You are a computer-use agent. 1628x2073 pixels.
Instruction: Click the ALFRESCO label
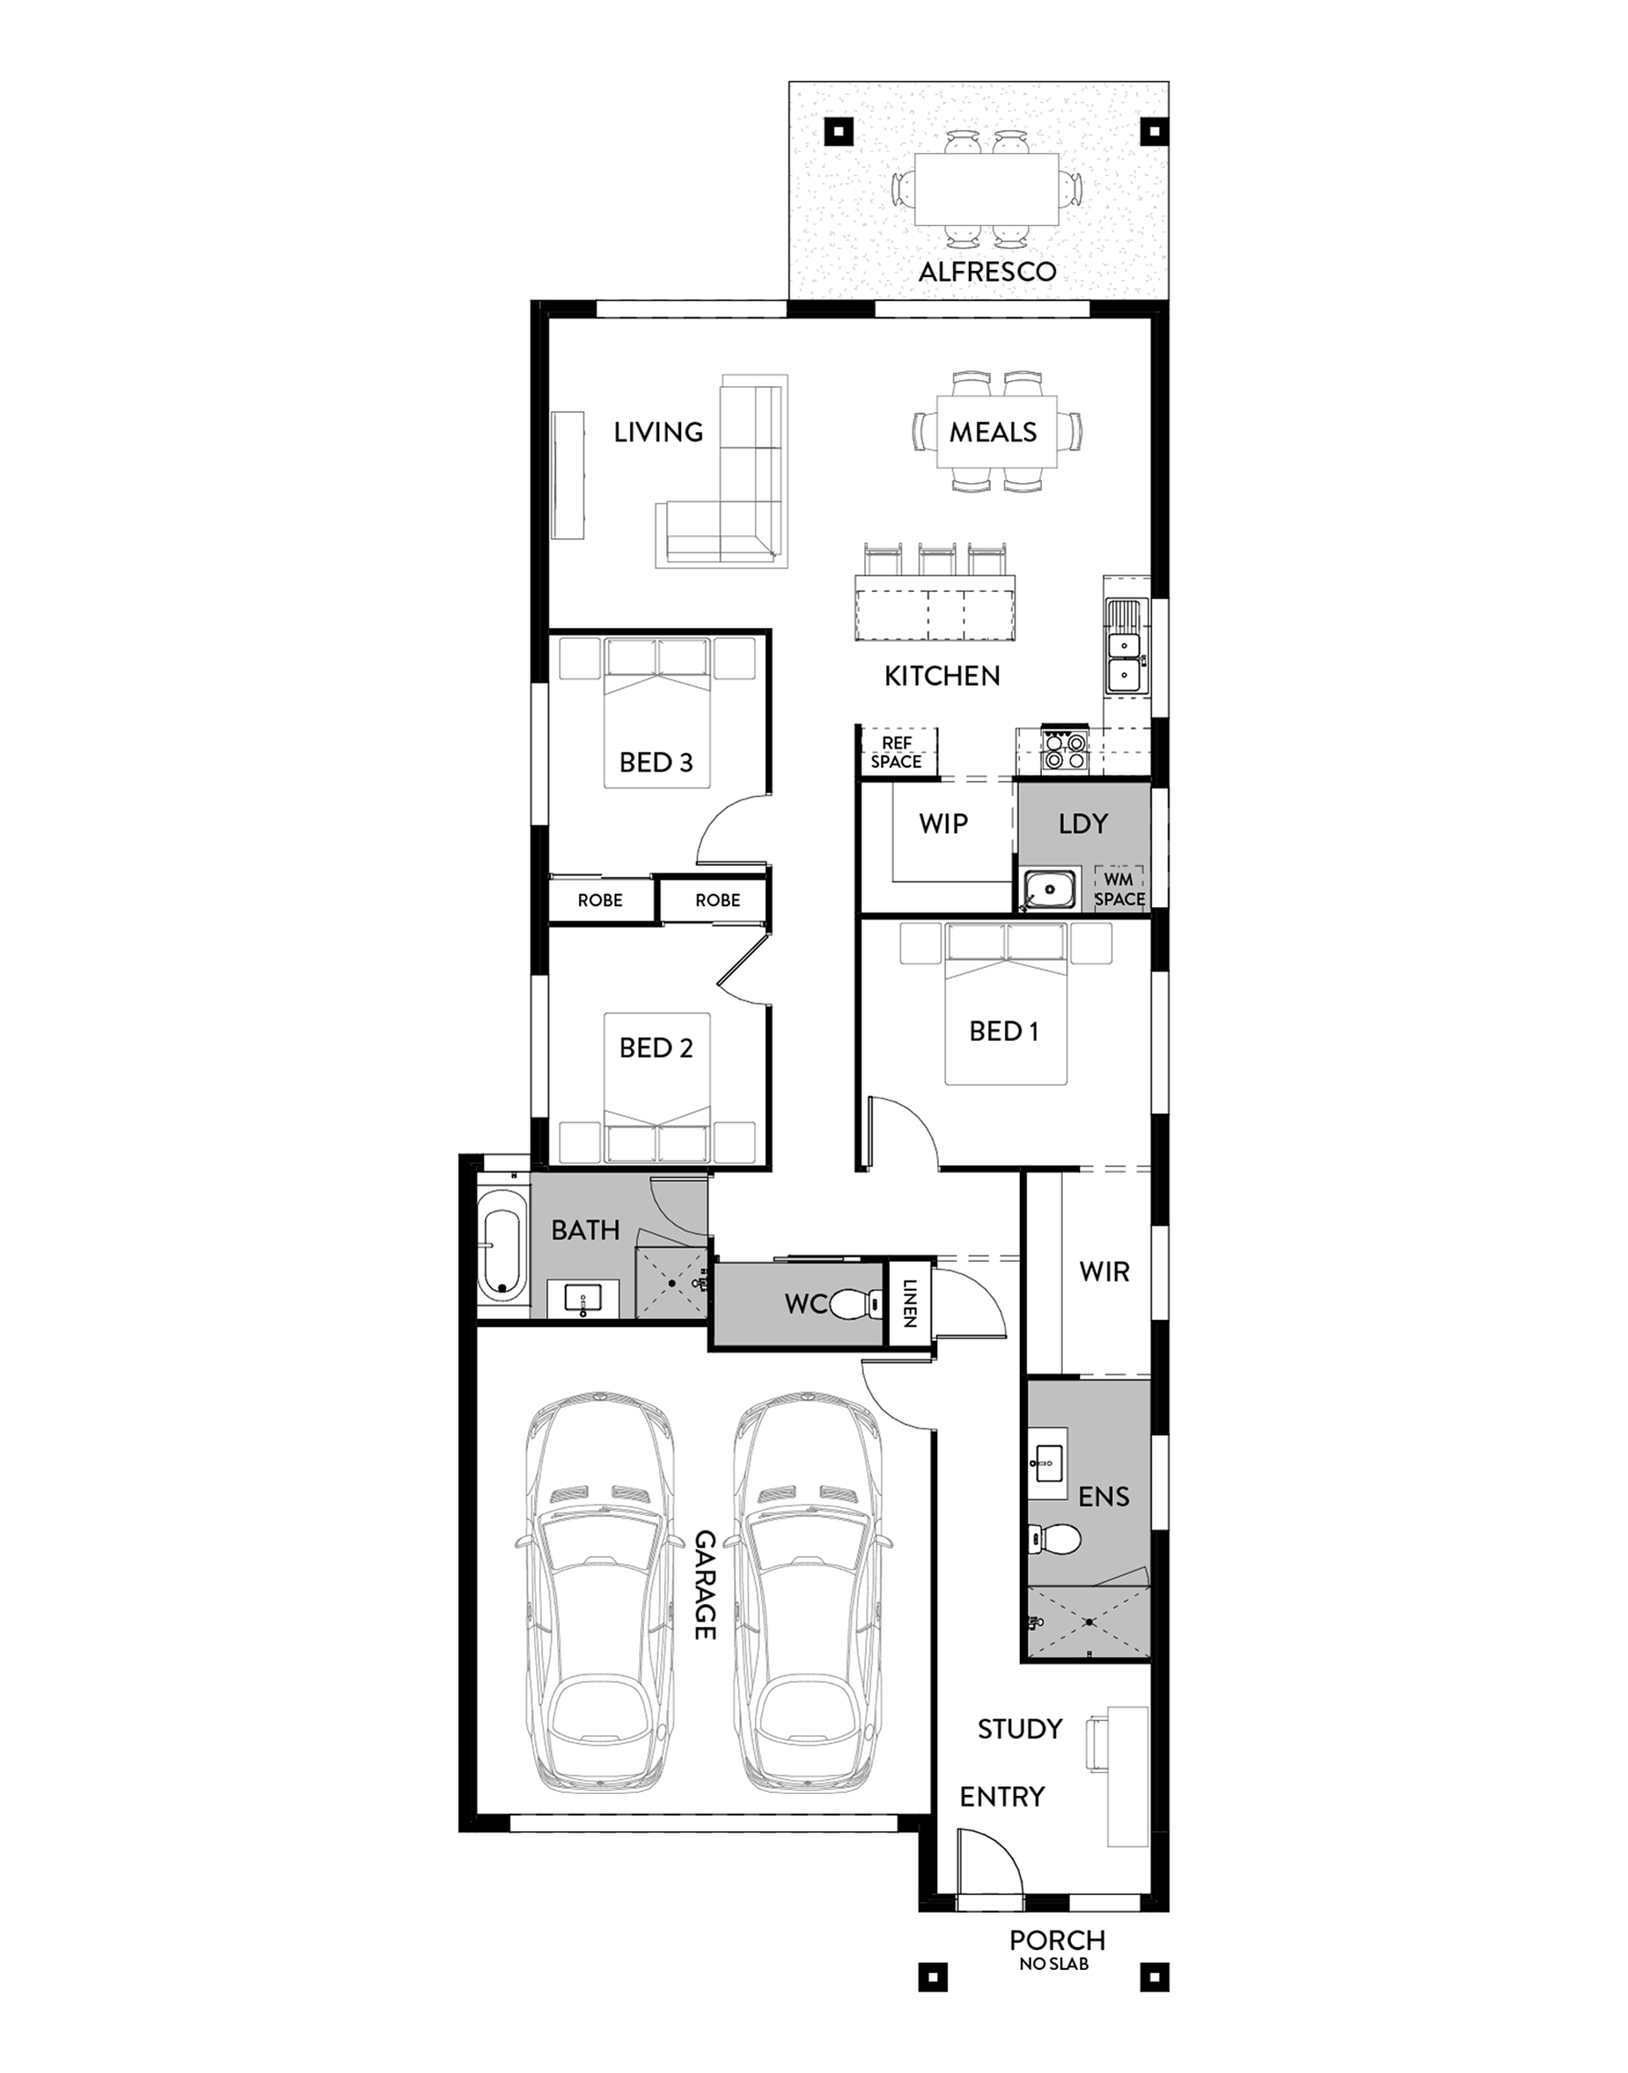click(x=986, y=272)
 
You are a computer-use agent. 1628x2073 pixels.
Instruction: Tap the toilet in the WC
click(x=857, y=1303)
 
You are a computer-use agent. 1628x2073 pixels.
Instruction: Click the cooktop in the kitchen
click(x=1065, y=749)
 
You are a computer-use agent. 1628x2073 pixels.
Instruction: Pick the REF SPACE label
click(x=896, y=752)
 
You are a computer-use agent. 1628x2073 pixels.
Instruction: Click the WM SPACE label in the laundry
click(x=1119, y=888)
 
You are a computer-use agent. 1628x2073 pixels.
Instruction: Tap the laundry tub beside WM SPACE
click(x=1049, y=889)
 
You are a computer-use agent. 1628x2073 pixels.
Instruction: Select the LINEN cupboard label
click(x=910, y=1303)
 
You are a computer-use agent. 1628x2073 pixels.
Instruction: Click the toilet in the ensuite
click(x=1056, y=1537)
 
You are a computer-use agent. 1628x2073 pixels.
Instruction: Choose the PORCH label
click(x=1057, y=1940)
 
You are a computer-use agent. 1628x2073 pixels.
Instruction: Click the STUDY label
click(x=1020, y=1728)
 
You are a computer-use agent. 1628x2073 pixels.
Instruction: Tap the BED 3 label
click(x=655, y=762)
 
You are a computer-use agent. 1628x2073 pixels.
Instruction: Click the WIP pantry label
click(x=943, y=823)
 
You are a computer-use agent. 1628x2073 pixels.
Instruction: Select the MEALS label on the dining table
click(x=993, y=433)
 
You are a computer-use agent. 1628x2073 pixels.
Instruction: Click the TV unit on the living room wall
click(x=569, y=476)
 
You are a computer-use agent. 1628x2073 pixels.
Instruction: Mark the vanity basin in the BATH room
click(x=582, y=1298)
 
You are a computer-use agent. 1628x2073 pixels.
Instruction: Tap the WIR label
click(x=1104, y=1272)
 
